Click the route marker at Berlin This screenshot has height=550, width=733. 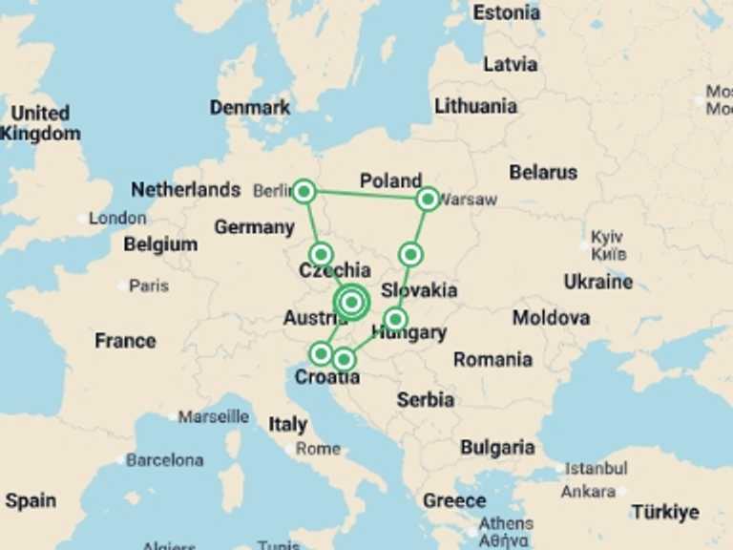pos(304,192)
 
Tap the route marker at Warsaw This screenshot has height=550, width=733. pos(428,199)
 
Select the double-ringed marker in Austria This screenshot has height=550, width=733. pos(352,302)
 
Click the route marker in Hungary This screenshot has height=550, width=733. pos(395,319)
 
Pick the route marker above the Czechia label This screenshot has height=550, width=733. pos(321,254)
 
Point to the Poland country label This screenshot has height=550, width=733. pos(390,180)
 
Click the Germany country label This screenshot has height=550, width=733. pos(254,227)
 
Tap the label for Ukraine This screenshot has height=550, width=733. pos(597,282)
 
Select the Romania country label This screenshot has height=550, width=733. pos(492,359)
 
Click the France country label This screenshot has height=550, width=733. pos(125,341)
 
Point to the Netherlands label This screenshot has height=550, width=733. pos(185,189)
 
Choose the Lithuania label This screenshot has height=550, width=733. pos(475,106)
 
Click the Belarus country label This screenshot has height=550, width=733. pos(543,172)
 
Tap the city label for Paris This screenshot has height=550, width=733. pos(149,286)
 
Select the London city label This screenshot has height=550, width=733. pos(117,219)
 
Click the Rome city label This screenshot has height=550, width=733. pos(318,448)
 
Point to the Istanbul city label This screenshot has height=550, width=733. pos(596,469)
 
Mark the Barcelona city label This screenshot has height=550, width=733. pos(164,459)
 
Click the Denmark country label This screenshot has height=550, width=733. pos(250,107)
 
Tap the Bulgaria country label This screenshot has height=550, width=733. pos(497,447)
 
